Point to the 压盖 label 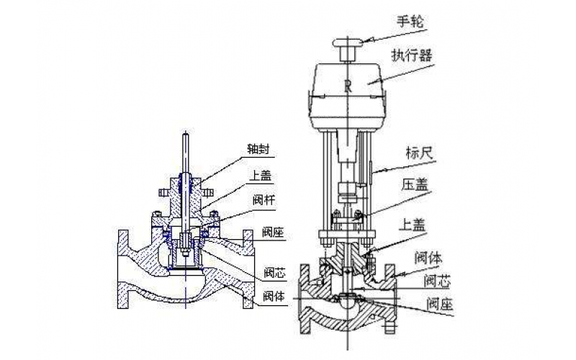[x=415, y=184]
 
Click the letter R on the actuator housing [x=348, y=88]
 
